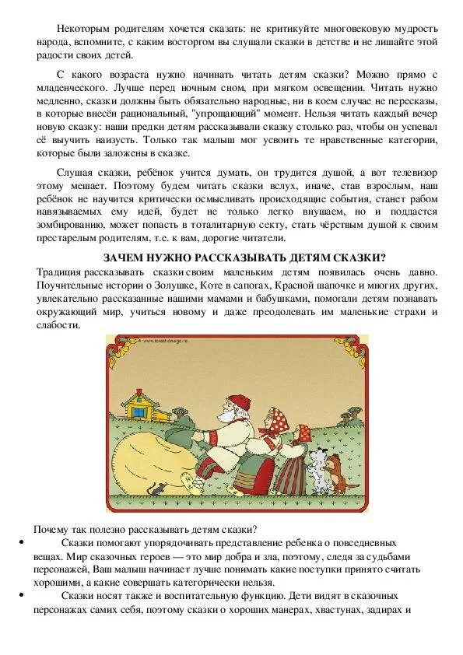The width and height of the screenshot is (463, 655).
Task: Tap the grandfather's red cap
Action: pos(233,386)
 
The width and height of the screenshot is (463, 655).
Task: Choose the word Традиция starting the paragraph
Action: pos(59,271)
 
